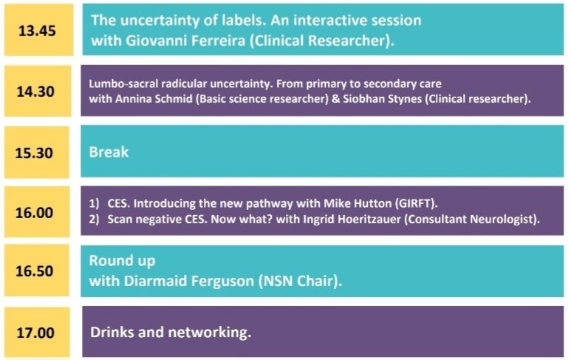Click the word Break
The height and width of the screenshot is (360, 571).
(x=109, y=152)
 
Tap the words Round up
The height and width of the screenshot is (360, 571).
(x=122, y=260)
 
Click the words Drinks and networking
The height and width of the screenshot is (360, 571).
(x=171, y=332)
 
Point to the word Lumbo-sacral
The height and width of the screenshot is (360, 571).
(x=117, y=84)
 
